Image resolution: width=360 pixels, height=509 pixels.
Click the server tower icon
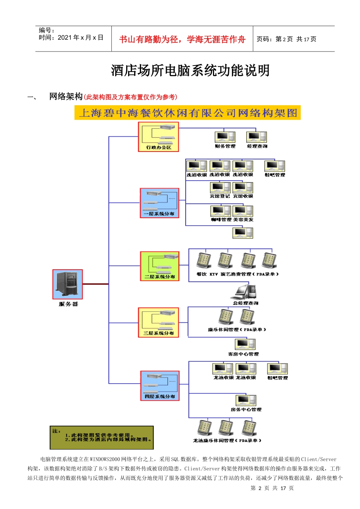67,284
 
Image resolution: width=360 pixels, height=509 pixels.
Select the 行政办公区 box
158,137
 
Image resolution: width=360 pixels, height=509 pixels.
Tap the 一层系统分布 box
160,203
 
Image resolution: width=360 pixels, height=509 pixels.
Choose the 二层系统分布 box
160,266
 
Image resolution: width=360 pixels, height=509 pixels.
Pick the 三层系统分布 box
158,322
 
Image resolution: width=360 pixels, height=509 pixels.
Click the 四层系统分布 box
160,386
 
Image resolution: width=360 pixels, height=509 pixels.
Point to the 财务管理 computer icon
225,137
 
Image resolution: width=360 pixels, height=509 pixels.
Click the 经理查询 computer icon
257,137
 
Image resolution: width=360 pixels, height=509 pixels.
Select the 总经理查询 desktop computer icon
246,292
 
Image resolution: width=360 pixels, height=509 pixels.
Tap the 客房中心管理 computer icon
245,344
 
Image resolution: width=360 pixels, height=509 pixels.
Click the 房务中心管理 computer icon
246,400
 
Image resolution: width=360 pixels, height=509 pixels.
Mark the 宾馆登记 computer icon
220,187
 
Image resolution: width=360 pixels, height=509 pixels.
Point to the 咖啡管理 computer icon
221,211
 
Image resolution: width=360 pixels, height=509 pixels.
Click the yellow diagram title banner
188,113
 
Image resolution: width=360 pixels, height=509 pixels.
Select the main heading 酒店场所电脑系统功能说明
190,70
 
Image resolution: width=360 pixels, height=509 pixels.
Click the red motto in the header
182,39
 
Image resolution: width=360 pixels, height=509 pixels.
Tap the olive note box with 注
102,437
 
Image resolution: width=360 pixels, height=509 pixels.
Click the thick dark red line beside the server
95,284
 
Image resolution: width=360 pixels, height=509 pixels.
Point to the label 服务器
68,304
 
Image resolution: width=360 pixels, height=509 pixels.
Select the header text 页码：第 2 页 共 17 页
286,39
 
